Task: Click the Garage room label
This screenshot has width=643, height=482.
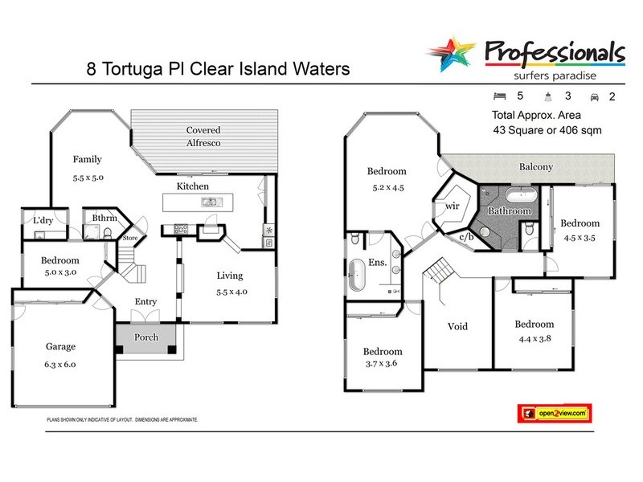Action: pos(60,347)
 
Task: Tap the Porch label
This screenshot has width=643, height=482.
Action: pos(145,337)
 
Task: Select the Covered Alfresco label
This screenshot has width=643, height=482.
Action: pos(203,136)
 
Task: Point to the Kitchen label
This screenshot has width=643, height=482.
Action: pos(193,186)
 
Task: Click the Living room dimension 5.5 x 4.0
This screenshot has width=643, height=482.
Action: pos(229,293)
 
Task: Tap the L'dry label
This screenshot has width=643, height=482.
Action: pos(43,219)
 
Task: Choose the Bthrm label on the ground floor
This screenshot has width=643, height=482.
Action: pos(105,218)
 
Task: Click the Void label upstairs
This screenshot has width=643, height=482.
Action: pos(457,327)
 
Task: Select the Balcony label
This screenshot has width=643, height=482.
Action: pos(534,166)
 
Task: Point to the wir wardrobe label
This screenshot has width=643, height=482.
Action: pos(452,206)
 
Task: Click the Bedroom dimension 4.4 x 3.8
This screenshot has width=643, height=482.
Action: pos(534,340)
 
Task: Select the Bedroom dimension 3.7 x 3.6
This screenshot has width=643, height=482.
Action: pos(382,367)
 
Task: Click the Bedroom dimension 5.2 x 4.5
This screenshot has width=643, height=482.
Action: pos(387,189)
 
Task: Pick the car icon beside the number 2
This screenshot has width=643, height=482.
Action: pos(595,96)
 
